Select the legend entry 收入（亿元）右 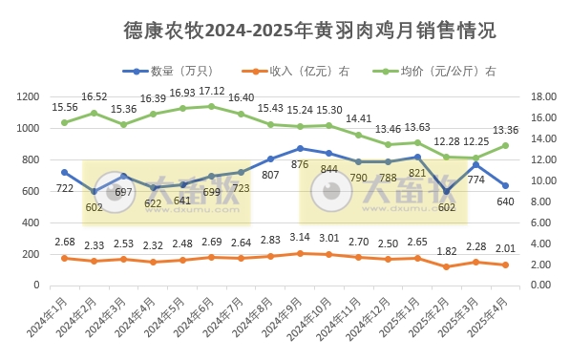(x=302, y=71)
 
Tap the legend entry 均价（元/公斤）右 (x=433, y=71)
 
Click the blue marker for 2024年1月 (x=64, y=172)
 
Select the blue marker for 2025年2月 (x=447, y=191)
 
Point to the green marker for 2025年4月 (x=506, y=145)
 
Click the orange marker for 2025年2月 (x=447, y=266)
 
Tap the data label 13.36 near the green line (x=505, y=131)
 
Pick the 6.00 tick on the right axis (x=540, y=222)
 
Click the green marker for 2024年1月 (x=64, y=122)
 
